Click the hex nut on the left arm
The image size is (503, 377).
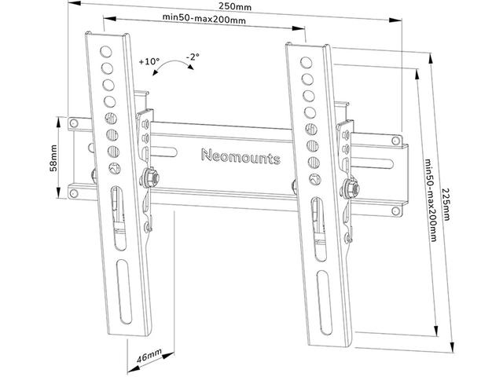point(149,178)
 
